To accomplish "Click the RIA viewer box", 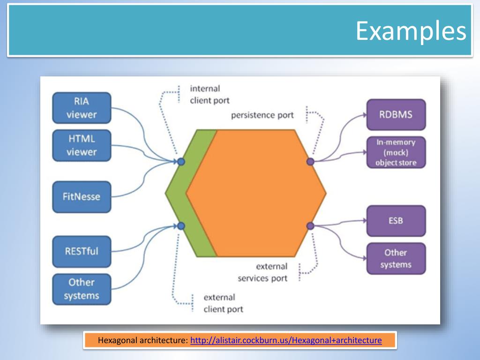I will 82,108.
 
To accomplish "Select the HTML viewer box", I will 82,145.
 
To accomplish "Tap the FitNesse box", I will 82,196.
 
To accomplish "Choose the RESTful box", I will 82,251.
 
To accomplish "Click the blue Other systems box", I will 82,289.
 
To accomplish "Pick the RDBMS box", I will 396,114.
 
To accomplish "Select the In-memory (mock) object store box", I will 396,152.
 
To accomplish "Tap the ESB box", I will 396,220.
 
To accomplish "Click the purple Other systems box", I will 396,258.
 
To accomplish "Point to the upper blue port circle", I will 181,162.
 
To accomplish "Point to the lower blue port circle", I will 181,226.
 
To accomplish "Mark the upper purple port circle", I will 310,162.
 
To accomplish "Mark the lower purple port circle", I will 310,226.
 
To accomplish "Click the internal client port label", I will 210,94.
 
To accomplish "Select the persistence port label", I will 262,115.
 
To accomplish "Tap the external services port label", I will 262,272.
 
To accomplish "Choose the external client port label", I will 223,303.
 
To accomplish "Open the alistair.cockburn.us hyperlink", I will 286,340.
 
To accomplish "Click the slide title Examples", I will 411,31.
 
